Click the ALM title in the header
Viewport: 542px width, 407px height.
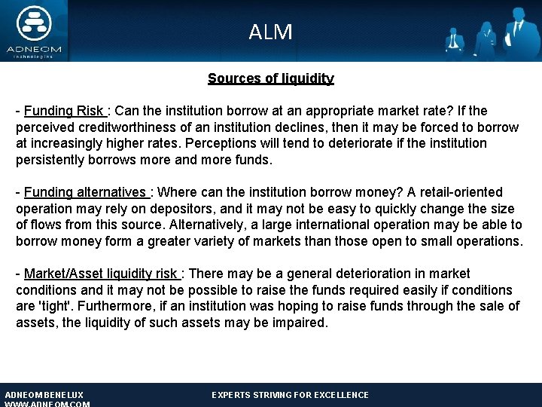click(x=270, y=32)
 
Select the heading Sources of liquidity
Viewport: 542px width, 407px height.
click(x=270, y=78)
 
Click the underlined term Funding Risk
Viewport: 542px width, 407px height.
click(x=68, y=112)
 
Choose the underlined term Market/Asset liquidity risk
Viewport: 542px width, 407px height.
click(x=102, y=274)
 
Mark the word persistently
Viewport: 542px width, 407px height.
click(x=54, y=160)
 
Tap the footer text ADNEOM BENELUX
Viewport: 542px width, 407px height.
click(x=44, y=395)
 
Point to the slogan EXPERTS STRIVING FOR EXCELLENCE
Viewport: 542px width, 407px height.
click(x=290, y=395)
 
